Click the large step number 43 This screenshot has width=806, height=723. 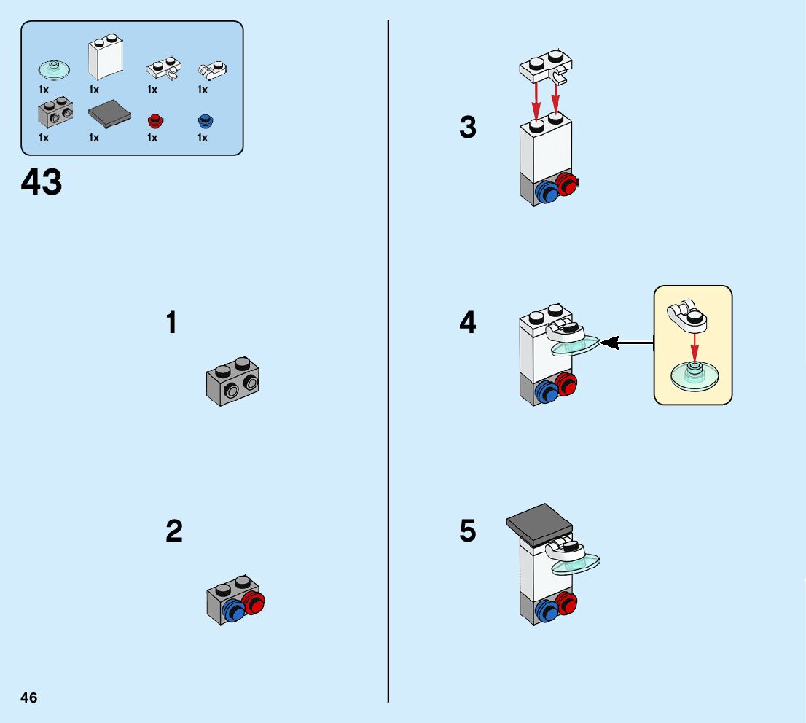[x=42, y=182]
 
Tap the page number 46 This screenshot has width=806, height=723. [x=29, y=697]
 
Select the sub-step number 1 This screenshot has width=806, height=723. [x=172, y=323]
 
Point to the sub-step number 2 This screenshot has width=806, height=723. [x=173, y=531]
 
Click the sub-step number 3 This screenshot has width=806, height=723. [x=468, y=128]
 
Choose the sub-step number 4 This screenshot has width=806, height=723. [x=468, y=323]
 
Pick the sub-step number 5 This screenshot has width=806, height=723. [x=468, y=531]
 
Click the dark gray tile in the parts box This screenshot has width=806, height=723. [x=109, y=114]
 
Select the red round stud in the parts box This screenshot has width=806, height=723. [x=153, y=120]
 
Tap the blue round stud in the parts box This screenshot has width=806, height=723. [x=203, y=120]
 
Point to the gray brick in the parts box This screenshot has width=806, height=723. [x=54, y=113]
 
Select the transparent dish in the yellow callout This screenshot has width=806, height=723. [x=695, y=376]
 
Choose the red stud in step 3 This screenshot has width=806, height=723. [x=566, y=184]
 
